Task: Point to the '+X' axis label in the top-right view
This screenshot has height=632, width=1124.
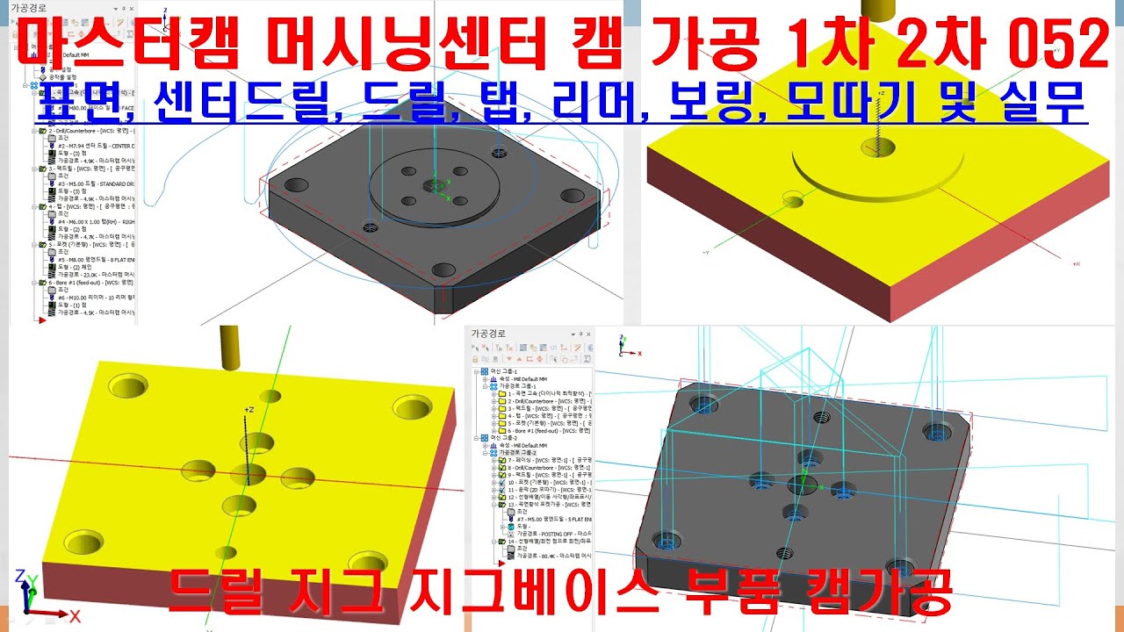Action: point(1076,263)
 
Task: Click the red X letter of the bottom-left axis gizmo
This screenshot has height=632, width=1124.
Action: point(76,615)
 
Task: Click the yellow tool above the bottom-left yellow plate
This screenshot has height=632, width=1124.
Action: point(229,348)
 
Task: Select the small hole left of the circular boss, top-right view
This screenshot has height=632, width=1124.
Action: point(794,203)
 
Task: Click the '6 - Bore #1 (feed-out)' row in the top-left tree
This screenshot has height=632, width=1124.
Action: point(83,283)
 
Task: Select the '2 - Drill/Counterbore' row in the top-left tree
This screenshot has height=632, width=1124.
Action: point(83,130)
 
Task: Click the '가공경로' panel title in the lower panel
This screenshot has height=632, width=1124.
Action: point(489,334)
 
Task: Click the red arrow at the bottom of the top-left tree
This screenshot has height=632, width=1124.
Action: point(40,321)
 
